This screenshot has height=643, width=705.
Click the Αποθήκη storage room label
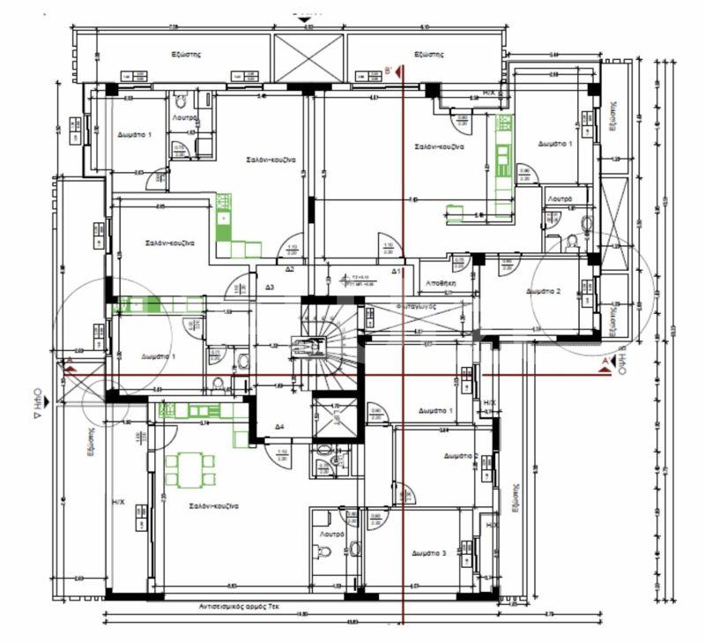pyautogui.click(x=440, y=285)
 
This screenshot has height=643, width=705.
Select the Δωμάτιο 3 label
pyautogui.click(x=429, y=553)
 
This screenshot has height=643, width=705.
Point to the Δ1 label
pyautogui.click(x=397, y=272)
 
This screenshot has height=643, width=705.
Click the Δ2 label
pyautogui.click(x=290, y=269)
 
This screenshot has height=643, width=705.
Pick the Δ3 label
pyautogui.click(x=270, y=288)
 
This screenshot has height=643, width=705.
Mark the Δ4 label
pyautogui.click(x=278, y=427)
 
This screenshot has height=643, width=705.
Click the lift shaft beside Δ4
pyautogui.click(x=336, y=418)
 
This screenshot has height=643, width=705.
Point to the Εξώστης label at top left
pyautogui.click(x=187, y=54)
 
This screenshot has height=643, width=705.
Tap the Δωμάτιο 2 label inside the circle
pyautogui.click(x=544, y=291)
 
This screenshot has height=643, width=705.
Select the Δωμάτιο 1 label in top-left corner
pyautogui.click(x=135, y=134)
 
